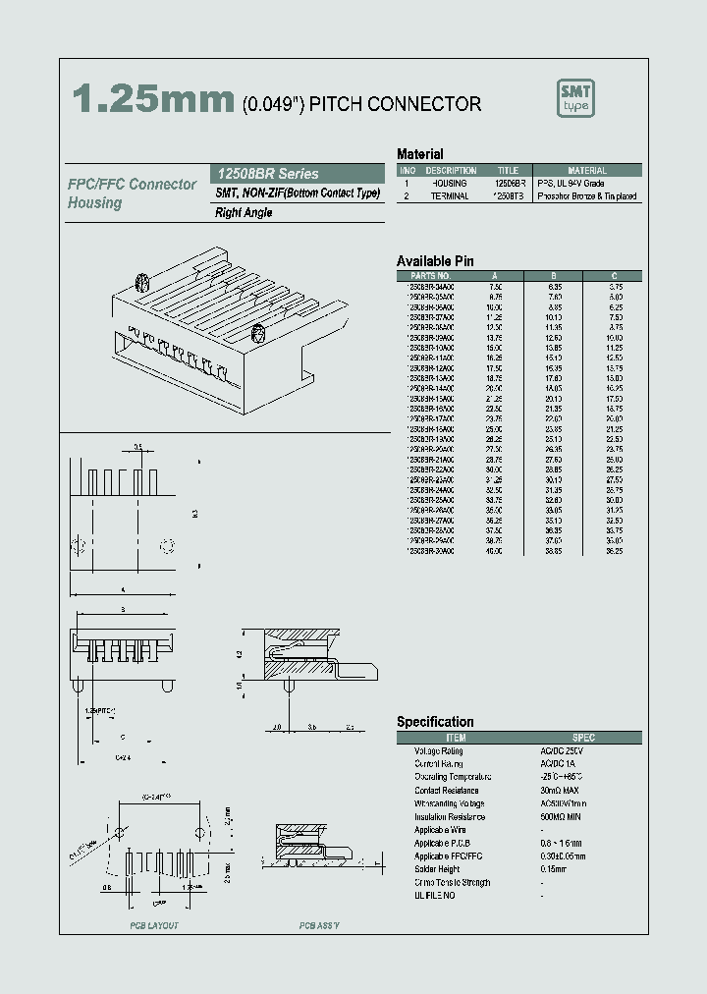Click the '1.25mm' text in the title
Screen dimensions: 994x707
coord(153,100)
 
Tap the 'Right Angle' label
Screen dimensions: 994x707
coord(244,212)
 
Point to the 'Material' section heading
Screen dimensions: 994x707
coord(419,154)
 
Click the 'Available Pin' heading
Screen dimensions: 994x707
coord(434,261)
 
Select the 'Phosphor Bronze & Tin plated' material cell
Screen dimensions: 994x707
coord(587,196)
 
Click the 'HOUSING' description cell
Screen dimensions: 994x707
coord(450,184)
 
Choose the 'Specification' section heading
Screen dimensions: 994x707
coord(435,722)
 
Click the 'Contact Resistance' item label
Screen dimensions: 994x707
coord(446,791)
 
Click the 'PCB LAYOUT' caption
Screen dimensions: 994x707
coord(154,926)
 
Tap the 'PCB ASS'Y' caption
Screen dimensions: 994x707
coord(318,926)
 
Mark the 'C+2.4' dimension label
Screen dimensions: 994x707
coord(122,758)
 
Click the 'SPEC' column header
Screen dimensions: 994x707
coord(583,738)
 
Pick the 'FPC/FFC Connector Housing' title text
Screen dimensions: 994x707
coord(132,193)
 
